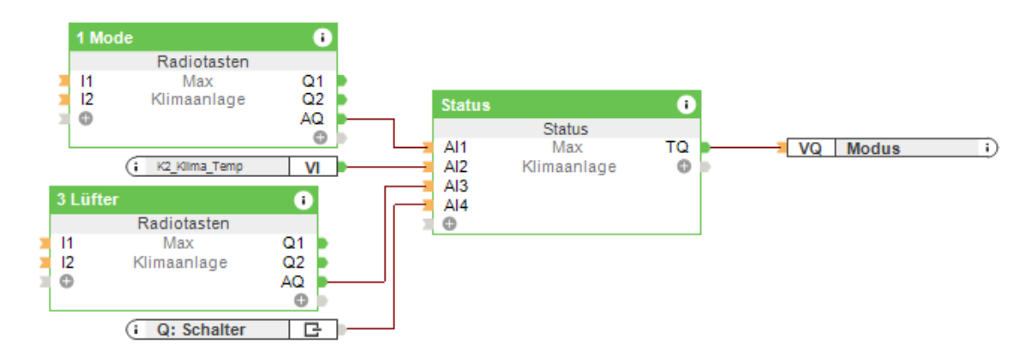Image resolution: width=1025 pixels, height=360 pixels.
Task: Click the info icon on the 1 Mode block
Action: [322, 38]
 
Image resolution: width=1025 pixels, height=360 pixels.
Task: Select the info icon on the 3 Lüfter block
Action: [303, 200]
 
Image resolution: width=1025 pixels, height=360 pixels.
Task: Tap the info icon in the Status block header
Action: [686, 105]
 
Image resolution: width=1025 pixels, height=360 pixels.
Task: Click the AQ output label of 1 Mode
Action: [312, 118]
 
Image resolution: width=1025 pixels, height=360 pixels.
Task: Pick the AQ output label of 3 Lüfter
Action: [292, 281]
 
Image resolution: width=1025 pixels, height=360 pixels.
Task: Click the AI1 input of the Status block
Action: [456, 148]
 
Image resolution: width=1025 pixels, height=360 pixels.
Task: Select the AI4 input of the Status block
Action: [456, 205]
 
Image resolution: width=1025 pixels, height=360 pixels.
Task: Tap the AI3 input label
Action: [456, 186]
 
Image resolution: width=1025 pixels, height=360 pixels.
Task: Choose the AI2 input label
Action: [456, 167]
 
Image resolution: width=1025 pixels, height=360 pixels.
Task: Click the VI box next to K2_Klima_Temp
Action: [313, 167]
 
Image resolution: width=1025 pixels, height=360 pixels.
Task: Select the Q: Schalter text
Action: [201, 329]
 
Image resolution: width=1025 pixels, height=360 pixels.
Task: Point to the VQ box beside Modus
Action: [810, 148]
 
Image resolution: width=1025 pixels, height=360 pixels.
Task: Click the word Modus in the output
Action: [873, 148]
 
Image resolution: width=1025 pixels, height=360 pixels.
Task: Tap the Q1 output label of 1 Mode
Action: [313, 81]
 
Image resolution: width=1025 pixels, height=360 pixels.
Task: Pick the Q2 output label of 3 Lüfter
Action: [293, 262]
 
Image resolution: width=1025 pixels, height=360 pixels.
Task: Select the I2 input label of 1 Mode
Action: [87, 99]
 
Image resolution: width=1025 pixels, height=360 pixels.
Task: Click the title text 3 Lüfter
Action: [87, 200]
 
